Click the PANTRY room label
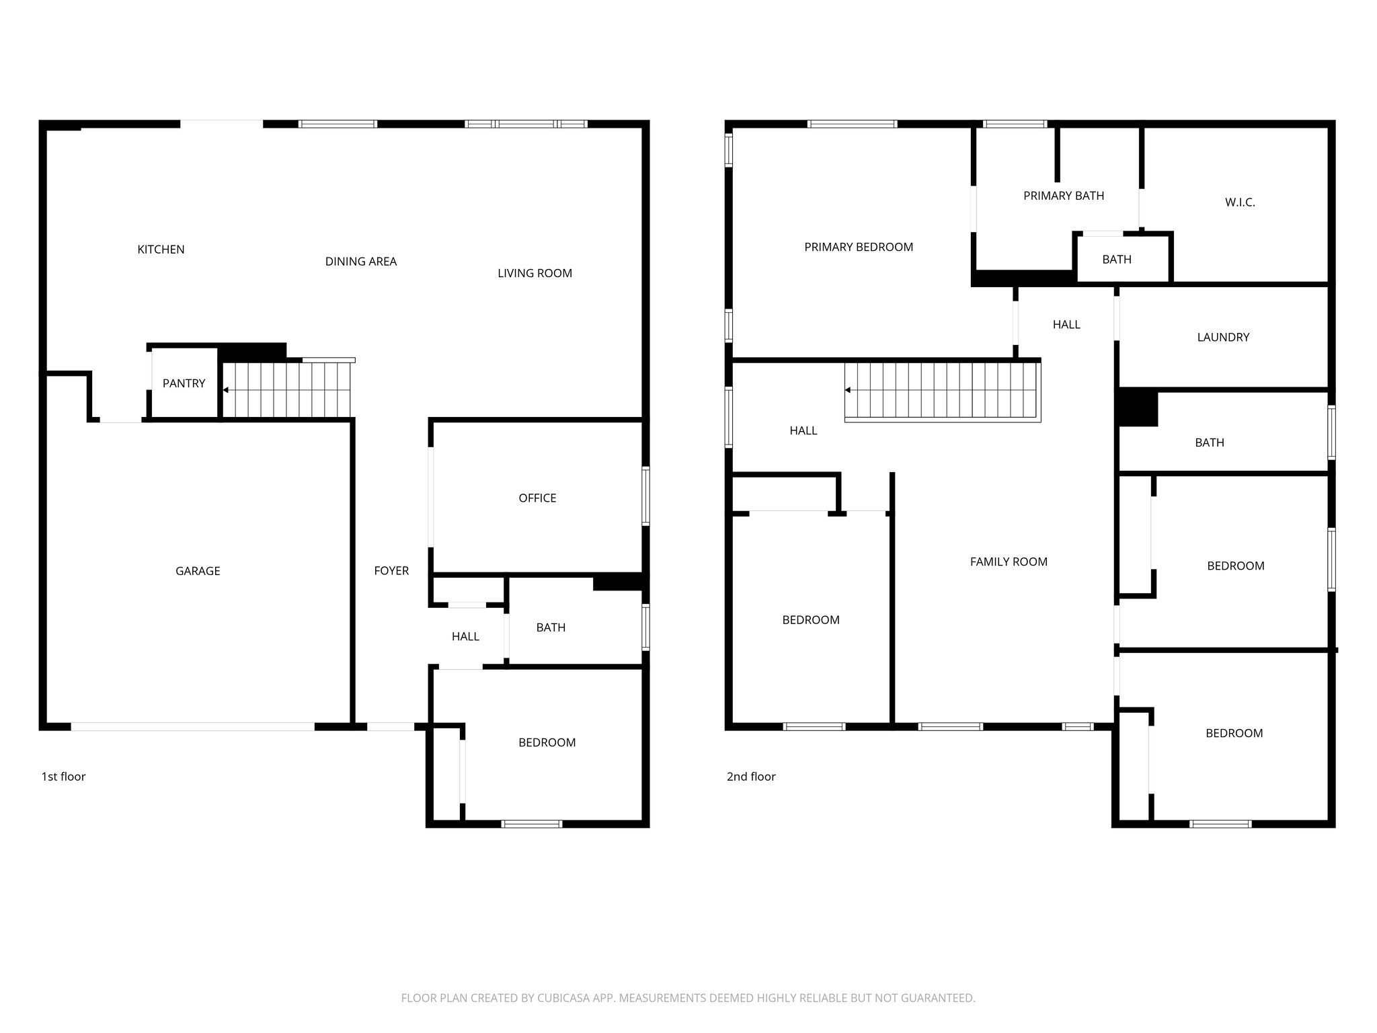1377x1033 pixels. pyautogui.click(x=184, y=383)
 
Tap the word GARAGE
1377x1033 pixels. pyautogui.click(x=198, y=571)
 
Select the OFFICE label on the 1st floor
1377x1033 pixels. pyautogui.click(x=537, y=498)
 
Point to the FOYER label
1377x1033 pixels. pyautogui.click(x=391, y=571)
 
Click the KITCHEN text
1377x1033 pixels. pyautogui.click(x=161, y=250)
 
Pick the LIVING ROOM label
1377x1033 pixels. pyautogui.click(x=535, y=273)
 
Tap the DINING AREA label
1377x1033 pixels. pyautogui.click(x=361, y=262)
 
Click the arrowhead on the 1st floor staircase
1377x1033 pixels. pyautogui.click(x=226, y=390)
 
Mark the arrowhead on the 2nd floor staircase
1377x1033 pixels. pyautogui.click(x=849, y=390)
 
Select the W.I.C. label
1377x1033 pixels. pyautogui.click(x=1240, y=202)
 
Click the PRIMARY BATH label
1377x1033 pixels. pyautogui.click(x=1064, y=196)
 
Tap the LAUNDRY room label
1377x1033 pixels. pyautogui.click(x=1223, y=338)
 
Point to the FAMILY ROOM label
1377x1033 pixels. pyautogui.click(x=1009, y=562)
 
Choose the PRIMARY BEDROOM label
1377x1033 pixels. pyautogui.click(x=859, y=247)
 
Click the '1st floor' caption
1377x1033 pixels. pyautogui.click(x=63, y=777)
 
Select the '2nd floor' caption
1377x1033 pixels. pyautogui.click(x=751, y=777)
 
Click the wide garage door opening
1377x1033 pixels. pyautogui.click(x=192, y=726)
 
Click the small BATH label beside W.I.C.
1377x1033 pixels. pyautogui.click(x=1117, y=260)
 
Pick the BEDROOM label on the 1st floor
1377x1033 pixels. pyautogui.click(x=547, y=742)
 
